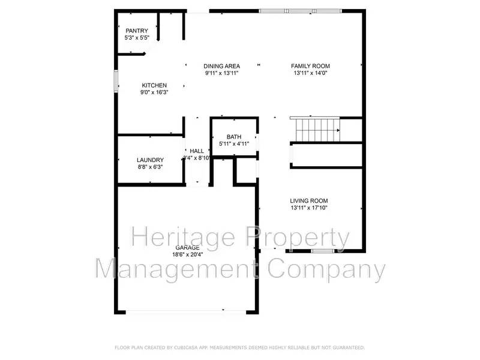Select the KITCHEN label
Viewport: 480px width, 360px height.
point(154,85)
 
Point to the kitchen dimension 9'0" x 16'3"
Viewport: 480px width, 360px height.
point(154,93)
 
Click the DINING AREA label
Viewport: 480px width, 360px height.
point(222,66)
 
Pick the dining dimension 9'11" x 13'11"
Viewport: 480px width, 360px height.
point(222,73)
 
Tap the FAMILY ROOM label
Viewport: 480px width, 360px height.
point(310,66)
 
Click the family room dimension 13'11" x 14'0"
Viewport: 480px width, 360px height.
point(310,73)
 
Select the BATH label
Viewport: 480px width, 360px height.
point(233,137)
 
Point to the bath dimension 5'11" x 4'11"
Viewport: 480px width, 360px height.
point(233,144)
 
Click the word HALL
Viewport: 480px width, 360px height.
point(197,151)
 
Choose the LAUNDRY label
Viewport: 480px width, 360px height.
point(150,160)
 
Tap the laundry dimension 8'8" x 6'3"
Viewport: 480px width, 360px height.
point(150,167)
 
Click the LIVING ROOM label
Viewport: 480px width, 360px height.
point(309,201)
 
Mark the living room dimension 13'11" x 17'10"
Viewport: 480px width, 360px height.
point(309,208)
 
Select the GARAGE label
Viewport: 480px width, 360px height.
point(187,247)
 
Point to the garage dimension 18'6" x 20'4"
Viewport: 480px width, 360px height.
point(187,254)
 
